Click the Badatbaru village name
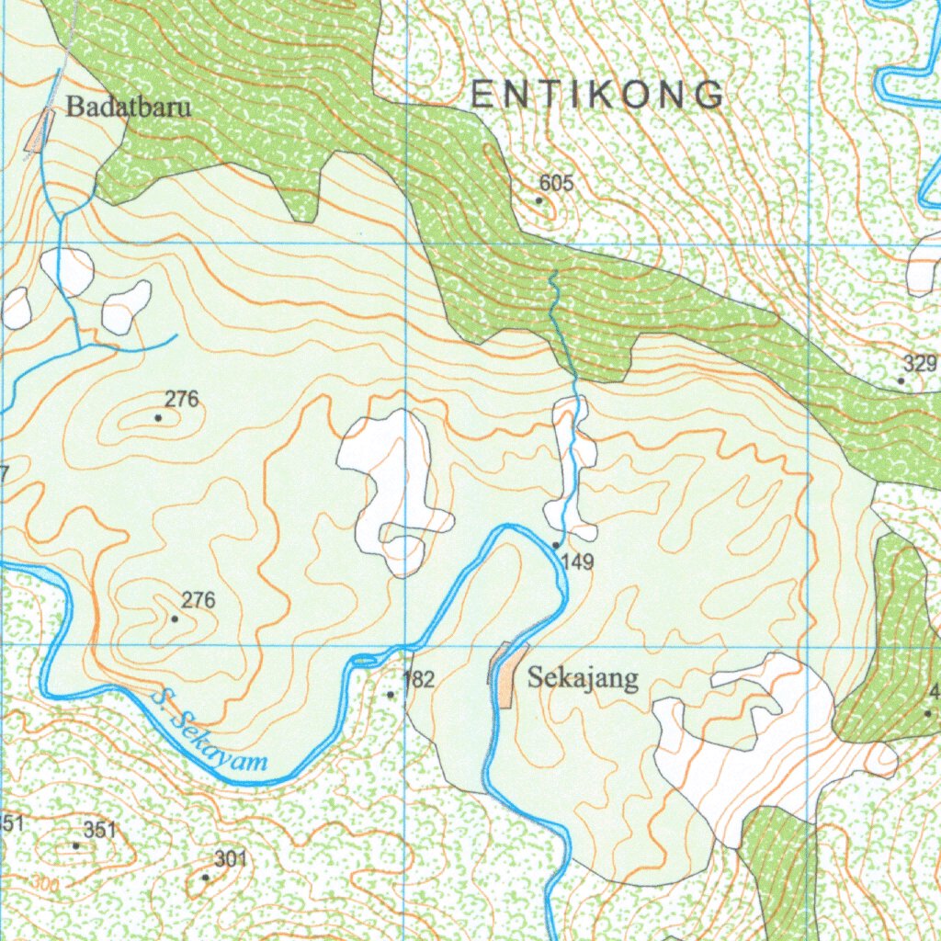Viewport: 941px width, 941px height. pyautogui.click(x=129, y=107)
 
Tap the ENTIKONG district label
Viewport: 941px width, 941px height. pyautogui.click(x=597, y=96)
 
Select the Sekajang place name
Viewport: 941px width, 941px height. pyautogui.click(x=583, y=679)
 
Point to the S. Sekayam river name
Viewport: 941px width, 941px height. pyautogui.click(x=210, y=731)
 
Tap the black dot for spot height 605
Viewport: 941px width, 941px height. pyautogui.click(x=539, y=199)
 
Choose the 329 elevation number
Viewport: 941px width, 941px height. pyautogui.click(x=919, y=362)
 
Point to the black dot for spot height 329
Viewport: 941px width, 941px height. pyautogui.click(x=901, y=380)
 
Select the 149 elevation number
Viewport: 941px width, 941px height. pyautogui.click(x=576, y=561)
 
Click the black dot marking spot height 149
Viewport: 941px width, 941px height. pyautogui.click(x=556, y=546)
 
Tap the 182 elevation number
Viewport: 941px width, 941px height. pyautogui.click(x=418, y=680)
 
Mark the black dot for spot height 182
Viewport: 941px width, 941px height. pyautogui.click(x=391, y=695)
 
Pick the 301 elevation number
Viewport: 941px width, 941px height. pyautogui.click(x=231, y=859)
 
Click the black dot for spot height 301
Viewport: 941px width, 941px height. pyautogui.click(x=205, y=878)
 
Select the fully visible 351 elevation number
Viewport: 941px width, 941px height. pyautogui.click(x=100, y=830)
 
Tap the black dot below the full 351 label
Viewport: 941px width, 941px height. pyautogui.click(x=76, y=845)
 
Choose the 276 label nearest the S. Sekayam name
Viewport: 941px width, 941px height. pyautogui.click(x=198, y=601)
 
